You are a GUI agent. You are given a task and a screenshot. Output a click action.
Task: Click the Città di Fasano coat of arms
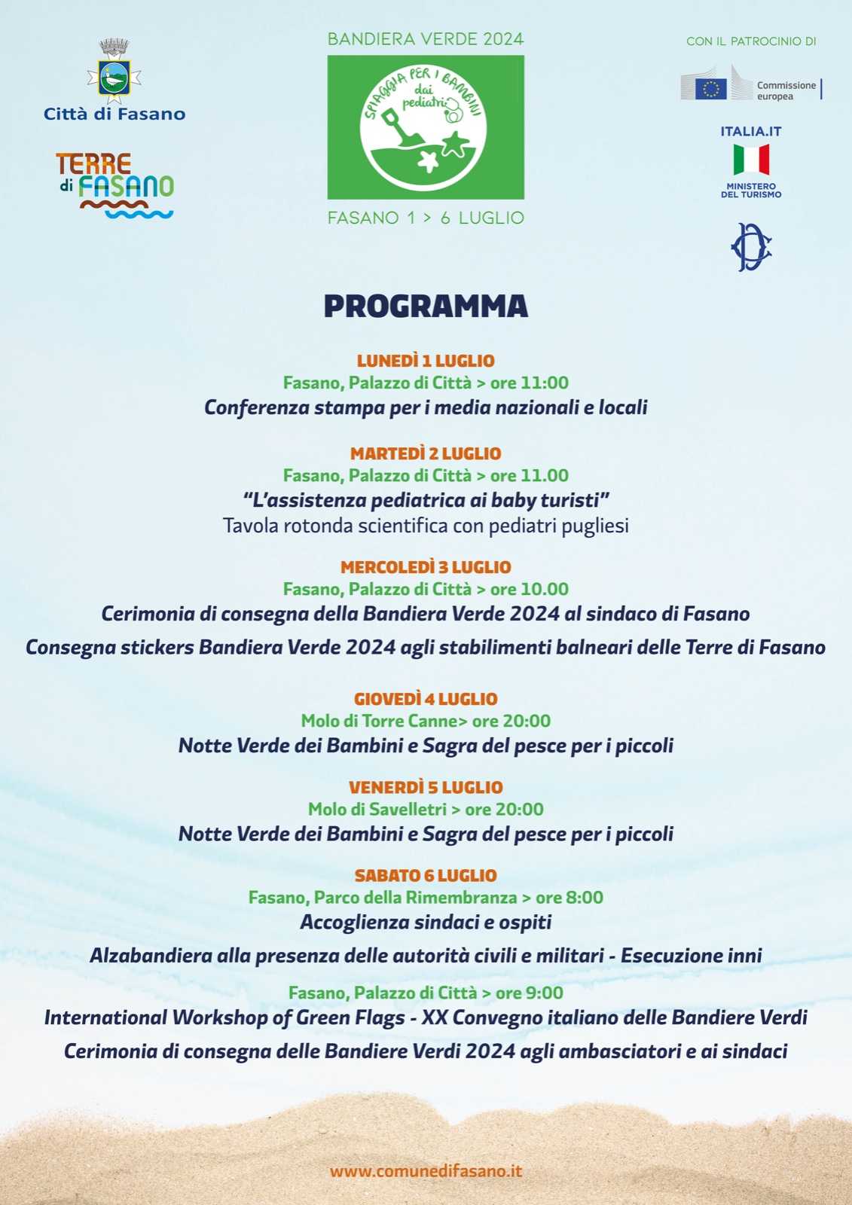pyautogui.click(x=115, y=72)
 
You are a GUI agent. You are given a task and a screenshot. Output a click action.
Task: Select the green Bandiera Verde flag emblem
pyautogui.click(x=426, y=127)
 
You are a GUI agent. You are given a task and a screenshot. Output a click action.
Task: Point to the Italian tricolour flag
pyautogui.click(x=751, y=160)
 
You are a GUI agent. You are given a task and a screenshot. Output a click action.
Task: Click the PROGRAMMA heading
pyautogui.click(x=426, y=307)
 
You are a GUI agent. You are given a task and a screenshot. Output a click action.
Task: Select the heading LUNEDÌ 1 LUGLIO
pyautogui.click(x=426, y=361)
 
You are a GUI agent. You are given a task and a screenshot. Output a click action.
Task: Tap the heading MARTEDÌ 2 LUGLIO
pyautogui.click(x=426, y=453)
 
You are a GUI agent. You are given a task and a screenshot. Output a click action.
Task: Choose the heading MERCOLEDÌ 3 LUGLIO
pyautogui.click(x=426, y=567)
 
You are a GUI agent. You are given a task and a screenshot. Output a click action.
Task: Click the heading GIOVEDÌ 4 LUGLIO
pyautogui.click(x=426, y=699)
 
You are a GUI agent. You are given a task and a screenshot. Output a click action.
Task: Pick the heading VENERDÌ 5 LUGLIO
pyautogui.click(x=426, y=787)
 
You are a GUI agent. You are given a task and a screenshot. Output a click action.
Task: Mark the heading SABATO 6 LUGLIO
pyautogui.click(x=426, y=875)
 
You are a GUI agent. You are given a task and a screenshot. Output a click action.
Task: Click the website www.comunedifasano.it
pyautogui.click(x=426, y=1171)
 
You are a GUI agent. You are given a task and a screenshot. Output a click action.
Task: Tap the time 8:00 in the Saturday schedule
pyautogui.click(x=585, y=898)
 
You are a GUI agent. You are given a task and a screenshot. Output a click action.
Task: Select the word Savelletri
pyautogui.click(x=409, y=810)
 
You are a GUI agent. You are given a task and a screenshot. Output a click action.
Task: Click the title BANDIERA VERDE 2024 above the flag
pyautogui.click(x=426, y=39)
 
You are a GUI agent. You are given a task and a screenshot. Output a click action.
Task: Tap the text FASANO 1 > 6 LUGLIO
pyautogui.click(x=426, y=218)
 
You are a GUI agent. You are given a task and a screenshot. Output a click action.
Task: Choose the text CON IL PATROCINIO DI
pyautogui.click(x=751, y=41)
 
